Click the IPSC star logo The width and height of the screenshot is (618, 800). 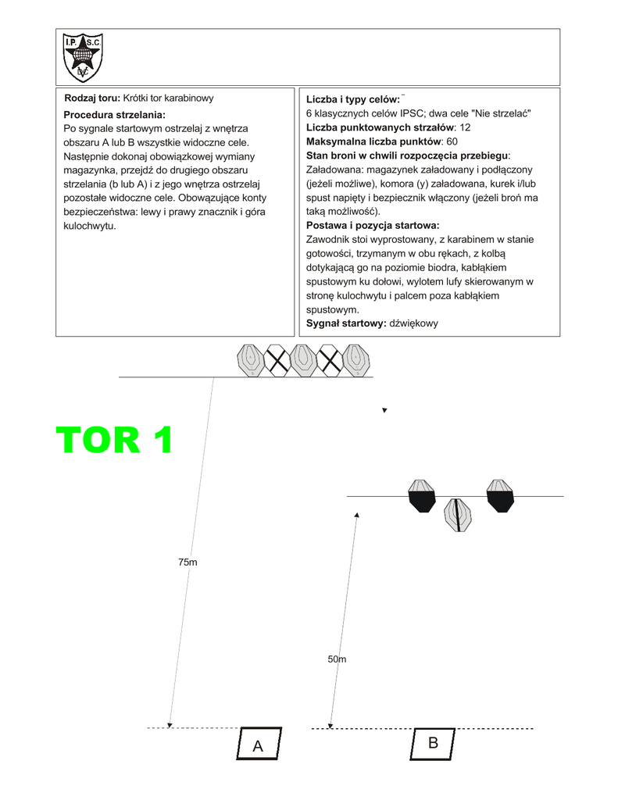(x=83, y=57)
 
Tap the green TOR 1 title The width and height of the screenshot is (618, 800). (x=114, y=441)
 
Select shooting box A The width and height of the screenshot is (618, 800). (x=258, y=745)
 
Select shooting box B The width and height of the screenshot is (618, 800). (x=433, y=743)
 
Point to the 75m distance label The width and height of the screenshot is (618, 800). (x=188, y=562)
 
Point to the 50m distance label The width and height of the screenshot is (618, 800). (x=337, y=659)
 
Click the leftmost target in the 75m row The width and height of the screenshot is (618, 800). (x=251, y=360)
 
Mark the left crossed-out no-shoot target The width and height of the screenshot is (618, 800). (x=277, y=360)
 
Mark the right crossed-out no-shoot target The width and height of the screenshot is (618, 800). (x=330, y=360)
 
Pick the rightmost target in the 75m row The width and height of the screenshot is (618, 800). (x=357, y=360)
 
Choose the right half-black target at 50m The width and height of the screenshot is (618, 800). (x=500, y=496)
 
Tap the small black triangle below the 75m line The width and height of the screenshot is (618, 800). (x=384, y=410)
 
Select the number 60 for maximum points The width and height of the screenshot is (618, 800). (x=452, y=141)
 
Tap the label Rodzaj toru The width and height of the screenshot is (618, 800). (x=92, y=98)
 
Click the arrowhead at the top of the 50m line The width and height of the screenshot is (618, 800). (x=356, y=516)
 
